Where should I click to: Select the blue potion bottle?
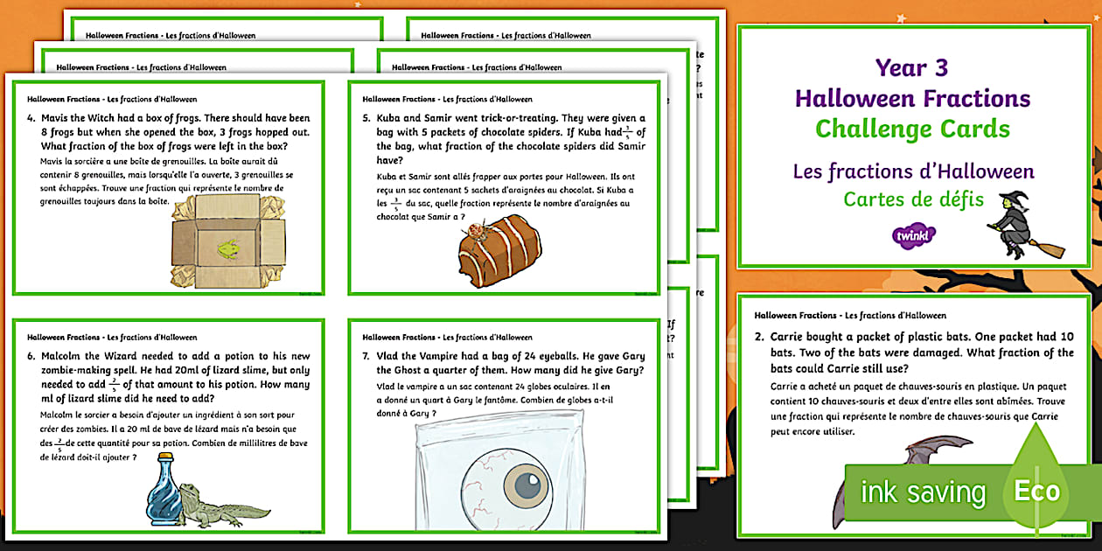(164, 496)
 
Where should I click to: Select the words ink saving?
(923, 492)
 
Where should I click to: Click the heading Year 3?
(912, 67)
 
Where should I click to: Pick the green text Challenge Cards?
(912, 129)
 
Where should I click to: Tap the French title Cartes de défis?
(913, 199)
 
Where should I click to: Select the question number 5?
(366, 118)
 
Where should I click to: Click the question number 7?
(366, 356)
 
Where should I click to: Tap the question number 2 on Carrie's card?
(759, 337)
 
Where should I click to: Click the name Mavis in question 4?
(59, 118)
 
